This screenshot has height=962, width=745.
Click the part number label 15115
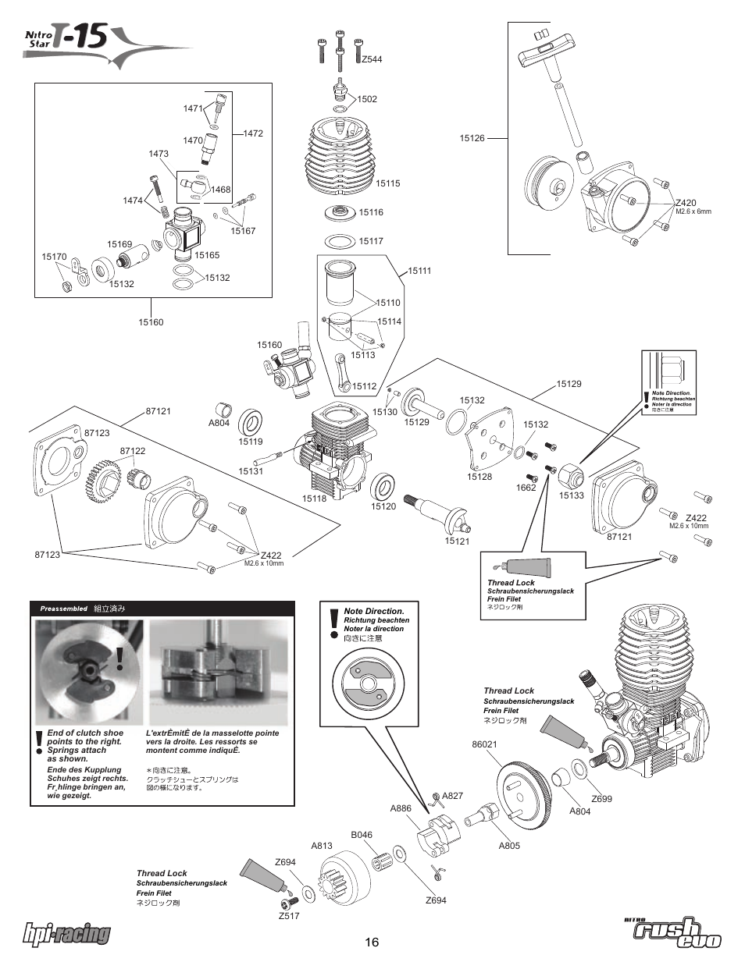click(x=387, y=183)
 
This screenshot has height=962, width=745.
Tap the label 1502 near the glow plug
click(x=367, y=99)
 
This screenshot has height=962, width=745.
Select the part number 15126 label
click(x=472, y=138)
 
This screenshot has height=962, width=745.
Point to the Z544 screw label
click(x=371, y=59)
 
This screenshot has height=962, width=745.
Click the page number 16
click(x=371, y=942)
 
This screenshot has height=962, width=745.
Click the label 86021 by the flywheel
click(x=484, y=744)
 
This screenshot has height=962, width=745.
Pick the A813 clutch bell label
click(x=322, y=845)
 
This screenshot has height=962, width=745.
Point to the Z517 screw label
click(x=288, y=916)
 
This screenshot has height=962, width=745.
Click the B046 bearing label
click(x=362, y=835)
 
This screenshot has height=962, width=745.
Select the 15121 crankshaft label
click(x=457, y=541)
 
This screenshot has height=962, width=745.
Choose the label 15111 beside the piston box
click(x=419, y=271)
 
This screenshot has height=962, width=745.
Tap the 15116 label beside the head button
click(x=371, y=212)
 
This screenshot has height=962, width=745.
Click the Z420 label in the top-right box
click(x=686, y=203)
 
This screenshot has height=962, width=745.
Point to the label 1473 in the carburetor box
click(x=159, y=154)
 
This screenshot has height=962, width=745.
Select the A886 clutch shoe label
click(x=401, y=808)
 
